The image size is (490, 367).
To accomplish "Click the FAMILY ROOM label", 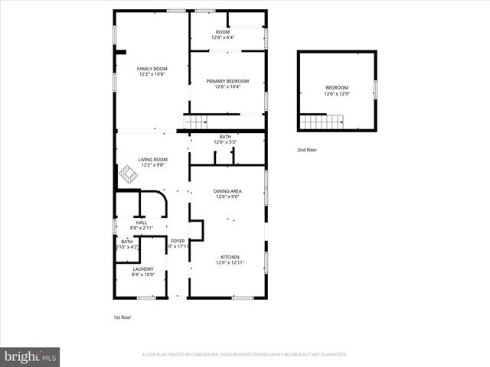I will (152, 69).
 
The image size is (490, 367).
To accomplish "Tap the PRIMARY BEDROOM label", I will (227, 80).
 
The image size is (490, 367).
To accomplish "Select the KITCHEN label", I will (230, 257).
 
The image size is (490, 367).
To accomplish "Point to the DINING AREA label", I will (228, 191).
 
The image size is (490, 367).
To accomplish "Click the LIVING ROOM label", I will (153, 160).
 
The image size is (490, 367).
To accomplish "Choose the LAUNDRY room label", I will (143, 269).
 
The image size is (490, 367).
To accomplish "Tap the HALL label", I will (142, 222).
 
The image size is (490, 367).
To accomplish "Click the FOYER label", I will (178, 241).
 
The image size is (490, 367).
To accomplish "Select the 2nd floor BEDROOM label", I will (337, 87).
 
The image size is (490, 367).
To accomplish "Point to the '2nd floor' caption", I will (307, 150).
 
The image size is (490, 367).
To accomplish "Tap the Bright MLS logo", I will (31, 356).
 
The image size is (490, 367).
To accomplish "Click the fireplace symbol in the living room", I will (127, 176).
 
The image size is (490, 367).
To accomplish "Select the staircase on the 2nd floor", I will (322, 121).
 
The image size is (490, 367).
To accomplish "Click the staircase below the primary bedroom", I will (196, 122).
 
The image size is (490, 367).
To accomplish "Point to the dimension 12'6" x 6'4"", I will (227, 37).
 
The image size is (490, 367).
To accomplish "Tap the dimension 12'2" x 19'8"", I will (152, 75).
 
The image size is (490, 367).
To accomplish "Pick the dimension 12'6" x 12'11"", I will (230, 263).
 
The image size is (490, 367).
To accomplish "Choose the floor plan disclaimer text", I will (245, 355).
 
